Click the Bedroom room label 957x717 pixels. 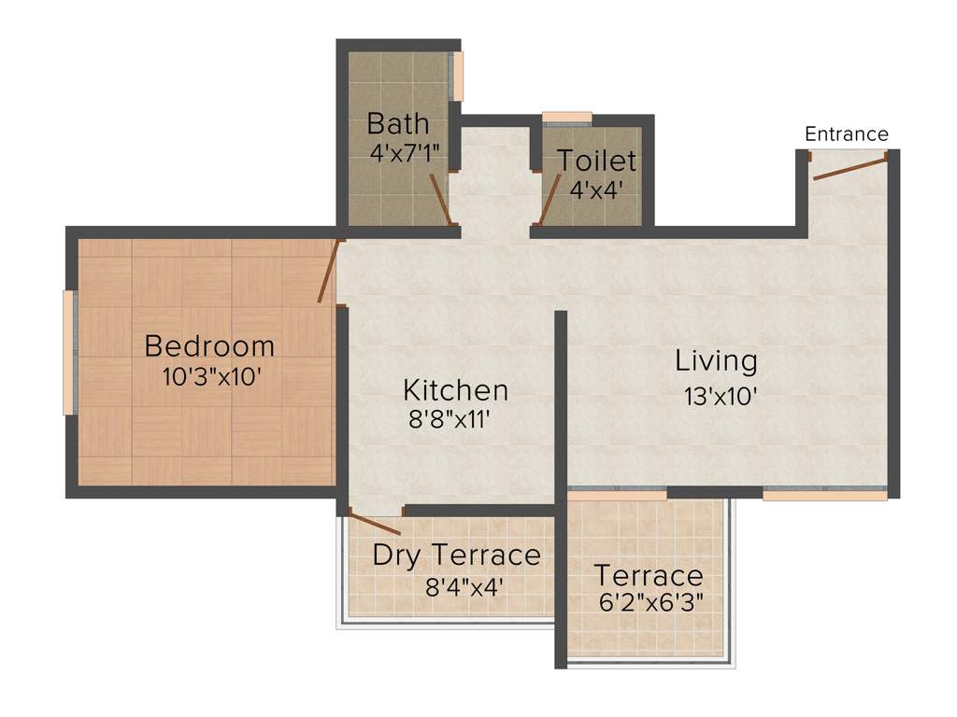pos(209,346)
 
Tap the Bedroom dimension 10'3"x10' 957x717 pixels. pos(209,376)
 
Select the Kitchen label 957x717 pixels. pos(455,389)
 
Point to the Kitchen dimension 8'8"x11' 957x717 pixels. pos(450,420)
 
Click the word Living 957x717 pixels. pos(716,360)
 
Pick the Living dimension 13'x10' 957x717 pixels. pos(720,396)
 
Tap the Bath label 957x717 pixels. pos(398,123)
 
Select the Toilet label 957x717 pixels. pos(597,161)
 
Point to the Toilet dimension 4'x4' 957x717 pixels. pos(597,190)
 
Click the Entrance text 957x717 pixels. pos(847,134)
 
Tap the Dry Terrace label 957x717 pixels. pos(456,555)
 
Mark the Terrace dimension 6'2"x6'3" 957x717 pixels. pos(650,601)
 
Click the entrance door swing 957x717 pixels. pos(850,168)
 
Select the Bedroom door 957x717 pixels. pos(330,271)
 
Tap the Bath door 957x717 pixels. pos(440,199)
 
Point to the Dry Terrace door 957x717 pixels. pos(376,523)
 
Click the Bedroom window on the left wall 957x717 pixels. pos(68,352)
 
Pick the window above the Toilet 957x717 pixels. pos(567,118)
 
